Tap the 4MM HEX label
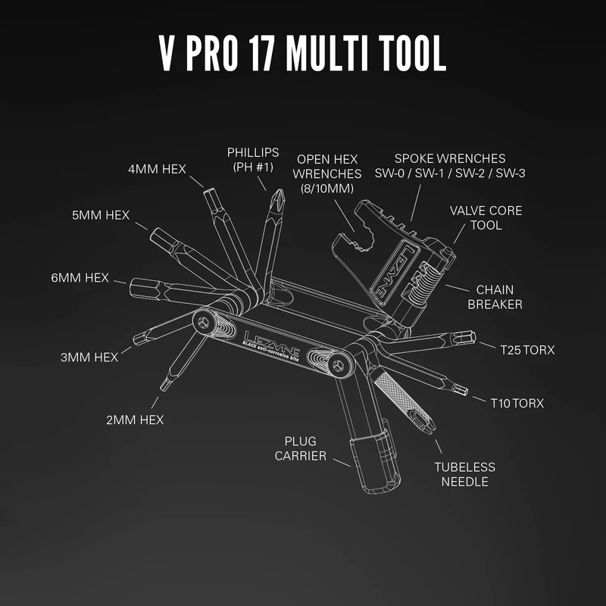point(157,168)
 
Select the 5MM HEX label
point(100,215)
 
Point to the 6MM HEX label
point(80,278)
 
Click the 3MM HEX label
point(89,357)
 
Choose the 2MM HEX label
point(135,419)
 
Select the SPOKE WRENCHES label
point(450,166)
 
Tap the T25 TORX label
point(527,350)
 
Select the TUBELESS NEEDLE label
point(464,474)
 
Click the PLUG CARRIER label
point(305,448)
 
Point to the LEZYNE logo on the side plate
point(271,340)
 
